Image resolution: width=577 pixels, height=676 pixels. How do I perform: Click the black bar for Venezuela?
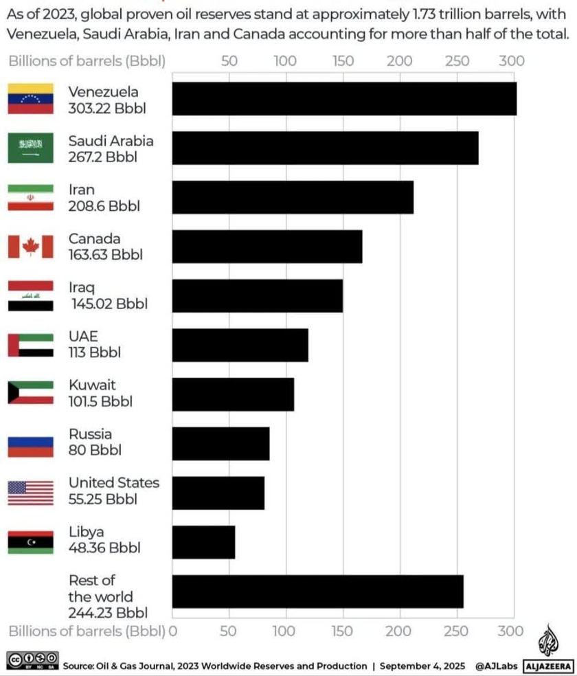[x=343, y=99]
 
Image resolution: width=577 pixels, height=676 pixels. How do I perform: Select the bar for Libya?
[x=203, y=542]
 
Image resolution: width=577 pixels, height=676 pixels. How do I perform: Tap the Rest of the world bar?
[x=317, y=591]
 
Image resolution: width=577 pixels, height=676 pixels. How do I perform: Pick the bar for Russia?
[x=220, y=444]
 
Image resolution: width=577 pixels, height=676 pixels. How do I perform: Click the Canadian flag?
[x=30, y=247]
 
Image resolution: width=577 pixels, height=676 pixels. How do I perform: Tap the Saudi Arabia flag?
[x=30, y=148]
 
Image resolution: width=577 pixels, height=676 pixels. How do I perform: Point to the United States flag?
[x=30, y=493]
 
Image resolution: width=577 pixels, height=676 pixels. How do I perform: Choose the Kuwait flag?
[x=30, y=394]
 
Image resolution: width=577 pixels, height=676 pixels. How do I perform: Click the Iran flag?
[x=30, y=198]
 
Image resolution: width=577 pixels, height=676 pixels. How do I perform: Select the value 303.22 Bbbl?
[x=107, y=108]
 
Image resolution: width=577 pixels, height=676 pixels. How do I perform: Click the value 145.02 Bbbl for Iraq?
[x=109, y=304]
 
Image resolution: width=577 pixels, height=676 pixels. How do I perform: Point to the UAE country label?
[x=83, y=337]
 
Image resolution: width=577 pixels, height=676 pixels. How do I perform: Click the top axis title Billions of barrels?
[x=87, y=61]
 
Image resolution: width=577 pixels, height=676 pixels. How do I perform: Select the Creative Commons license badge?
[x=32, y=660]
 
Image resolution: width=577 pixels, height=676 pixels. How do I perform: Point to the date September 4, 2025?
[x=422, y=666]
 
